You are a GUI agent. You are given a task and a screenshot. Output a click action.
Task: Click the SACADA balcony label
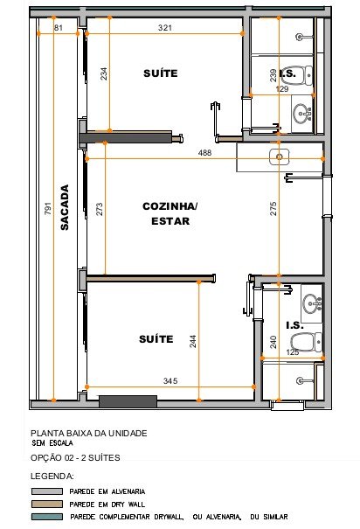[65, 207]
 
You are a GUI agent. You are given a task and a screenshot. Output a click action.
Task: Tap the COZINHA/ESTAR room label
[170, 213]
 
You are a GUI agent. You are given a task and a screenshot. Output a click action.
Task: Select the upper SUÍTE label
[161, 73]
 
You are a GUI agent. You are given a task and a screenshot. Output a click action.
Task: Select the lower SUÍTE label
[156, 338]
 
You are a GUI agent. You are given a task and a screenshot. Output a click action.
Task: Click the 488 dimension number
[204, 153]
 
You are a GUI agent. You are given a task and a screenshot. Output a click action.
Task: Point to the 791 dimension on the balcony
[48, 208]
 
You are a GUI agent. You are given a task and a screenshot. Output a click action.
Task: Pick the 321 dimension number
[165, 28]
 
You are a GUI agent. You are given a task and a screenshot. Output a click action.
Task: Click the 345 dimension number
[170, 381]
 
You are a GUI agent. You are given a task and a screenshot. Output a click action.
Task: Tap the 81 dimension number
[59, 28]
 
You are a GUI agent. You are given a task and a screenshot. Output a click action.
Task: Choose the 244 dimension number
[192, 341]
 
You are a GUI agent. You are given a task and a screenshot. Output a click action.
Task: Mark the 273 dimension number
[99, 209]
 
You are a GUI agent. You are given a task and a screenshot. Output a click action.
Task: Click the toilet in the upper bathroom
[300, 75]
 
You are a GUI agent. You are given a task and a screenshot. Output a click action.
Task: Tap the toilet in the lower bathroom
[307, 342]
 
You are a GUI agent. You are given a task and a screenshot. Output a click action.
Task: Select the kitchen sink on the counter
[279, 157]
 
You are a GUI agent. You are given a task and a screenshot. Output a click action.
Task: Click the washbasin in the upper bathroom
[302, 114]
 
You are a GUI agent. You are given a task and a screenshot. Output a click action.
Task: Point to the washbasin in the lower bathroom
[313, 303]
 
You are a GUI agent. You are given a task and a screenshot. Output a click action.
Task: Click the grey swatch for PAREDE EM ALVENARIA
[47, 491]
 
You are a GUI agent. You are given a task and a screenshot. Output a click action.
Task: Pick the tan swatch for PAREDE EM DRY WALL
[47, 504]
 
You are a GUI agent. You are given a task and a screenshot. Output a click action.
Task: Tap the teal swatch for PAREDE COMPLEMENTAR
[47, 517]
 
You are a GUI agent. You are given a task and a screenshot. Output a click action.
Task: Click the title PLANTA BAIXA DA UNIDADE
[89, 433]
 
